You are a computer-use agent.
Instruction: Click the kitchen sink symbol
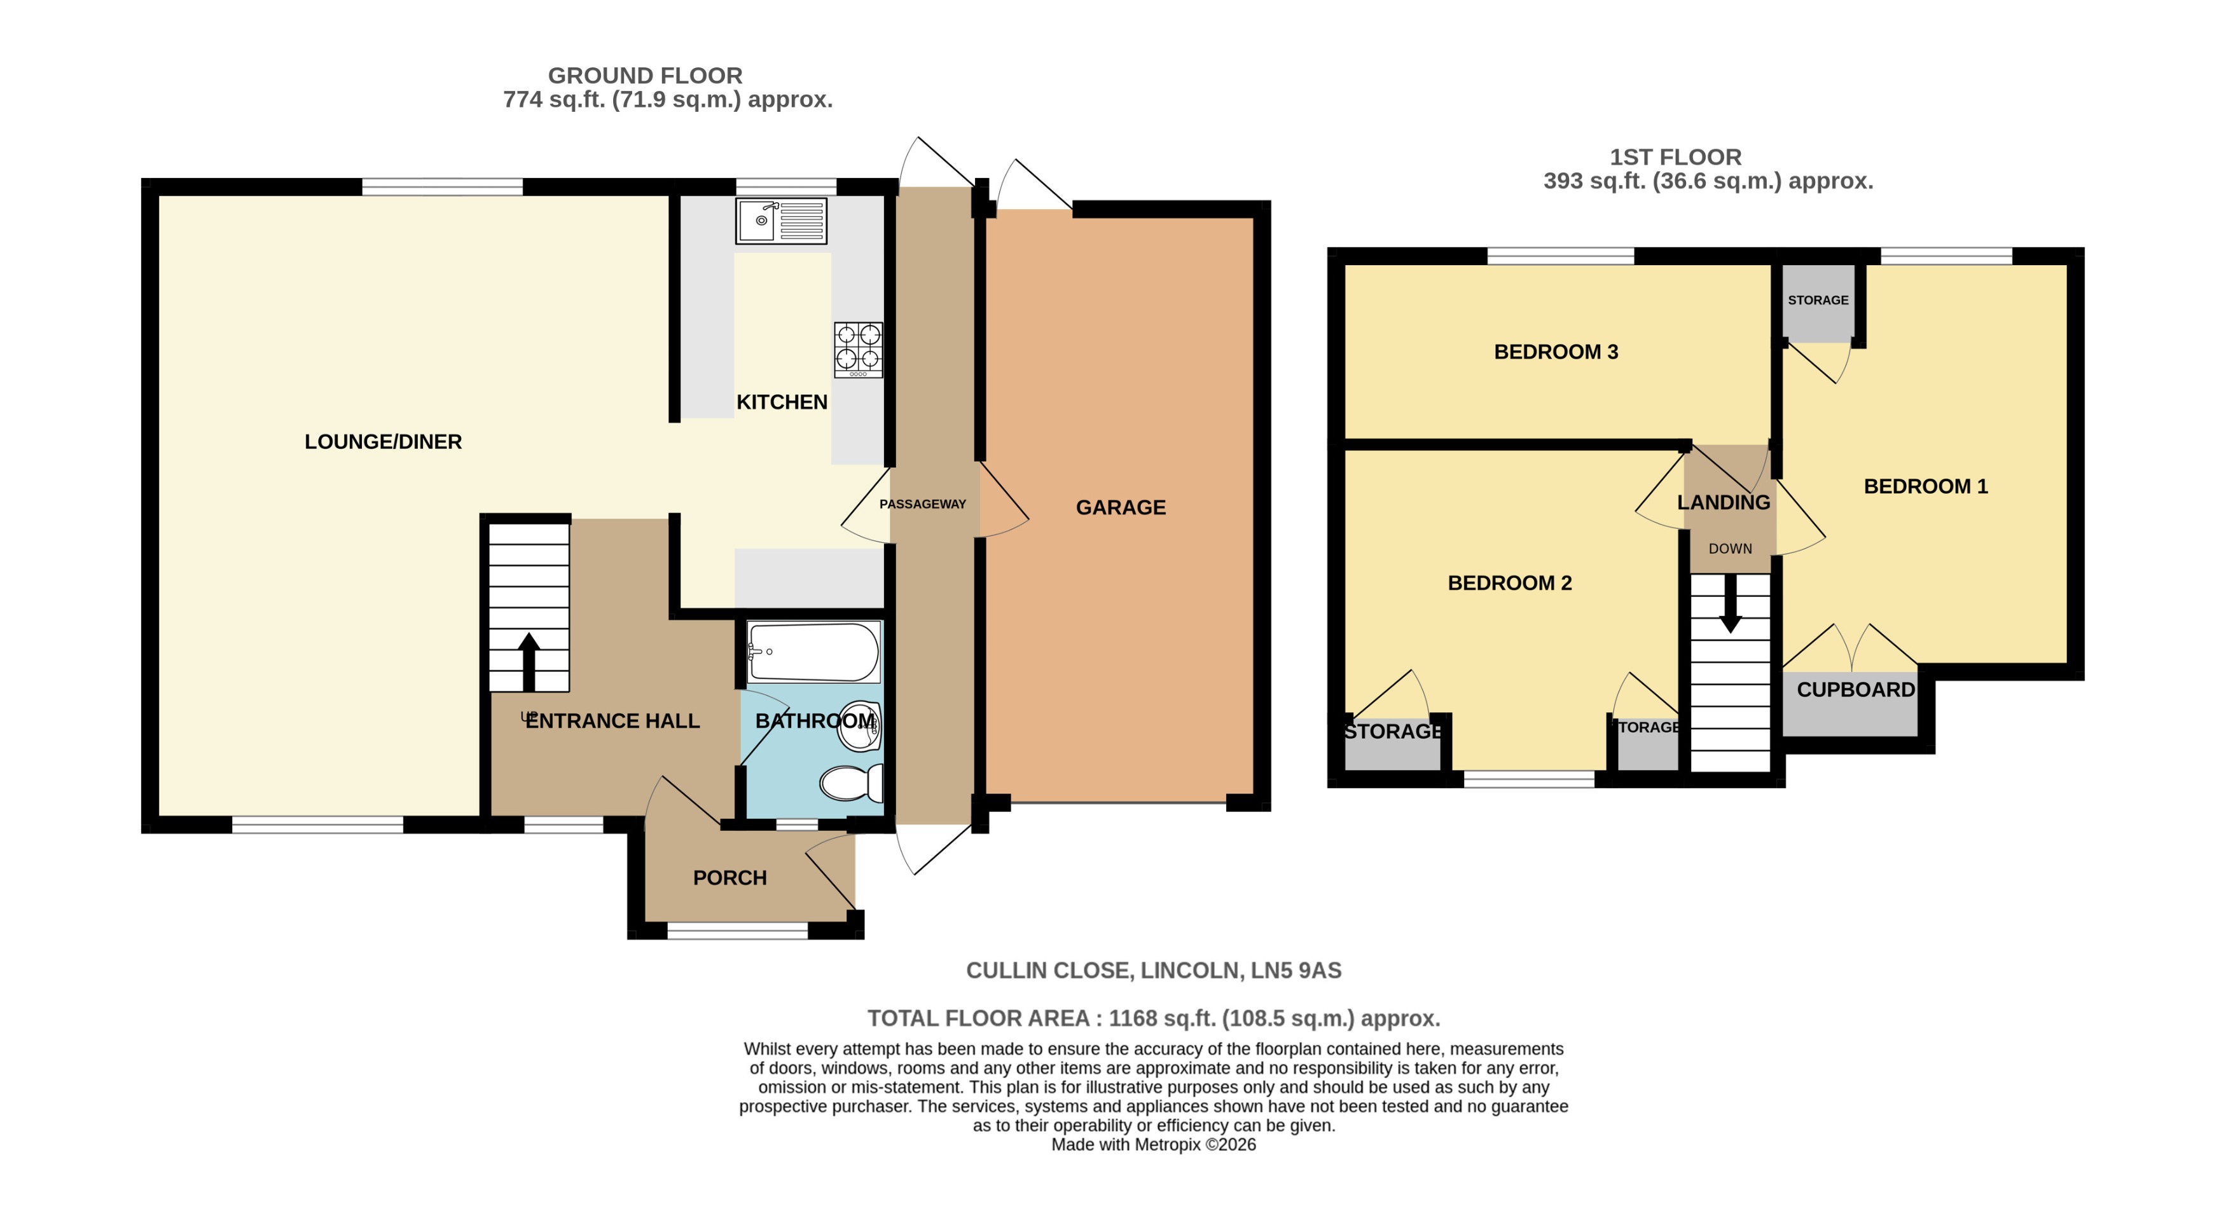(780, 221)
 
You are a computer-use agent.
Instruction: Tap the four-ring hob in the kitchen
(858, 349)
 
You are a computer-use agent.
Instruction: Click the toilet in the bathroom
(850, 783)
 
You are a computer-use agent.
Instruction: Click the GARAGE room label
(1121, 507)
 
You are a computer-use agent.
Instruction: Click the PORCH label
(729, 878)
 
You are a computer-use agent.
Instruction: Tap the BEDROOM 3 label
(1556, 352)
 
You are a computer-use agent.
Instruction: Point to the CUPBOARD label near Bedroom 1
(1855, 689)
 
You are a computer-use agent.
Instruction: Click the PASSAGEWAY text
(922, 504)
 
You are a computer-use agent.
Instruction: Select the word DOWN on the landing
(1730, 549)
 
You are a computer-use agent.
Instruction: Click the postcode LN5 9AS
(1296, 970)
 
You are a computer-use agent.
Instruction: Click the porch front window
(737, 931)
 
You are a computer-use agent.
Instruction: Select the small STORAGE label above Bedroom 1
(1818, 300)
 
